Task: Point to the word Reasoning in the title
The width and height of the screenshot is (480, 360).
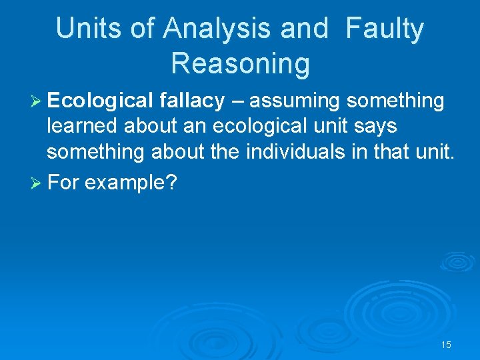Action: point(240,63)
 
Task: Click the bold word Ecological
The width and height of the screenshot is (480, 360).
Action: point(100,101)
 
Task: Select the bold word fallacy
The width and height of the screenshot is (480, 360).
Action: point(193,101)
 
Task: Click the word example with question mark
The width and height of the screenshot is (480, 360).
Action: point(131,183)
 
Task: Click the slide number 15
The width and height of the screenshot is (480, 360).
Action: point(446,345)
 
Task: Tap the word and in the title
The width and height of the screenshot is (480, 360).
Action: point(304,29)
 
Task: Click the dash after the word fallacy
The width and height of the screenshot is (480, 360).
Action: point(236,101)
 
